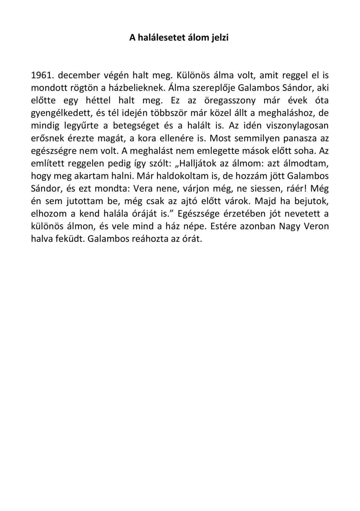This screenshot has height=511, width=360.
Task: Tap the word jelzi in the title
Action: click(218, 37)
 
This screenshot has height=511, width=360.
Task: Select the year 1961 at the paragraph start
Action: click(42, 75)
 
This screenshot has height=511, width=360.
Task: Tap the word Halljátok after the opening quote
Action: click(198, 164)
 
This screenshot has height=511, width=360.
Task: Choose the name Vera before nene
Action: click(143, 189)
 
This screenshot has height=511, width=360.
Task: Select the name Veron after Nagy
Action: click(317, 227)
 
